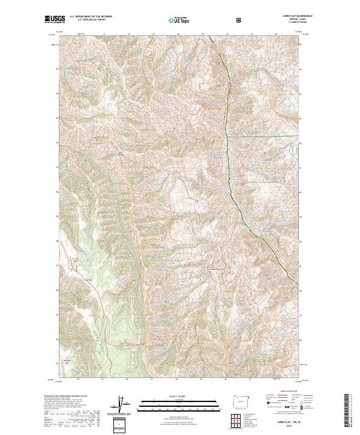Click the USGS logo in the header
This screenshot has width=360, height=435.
(x=54, y=19)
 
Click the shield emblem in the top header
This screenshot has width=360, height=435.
(x=239, y=19)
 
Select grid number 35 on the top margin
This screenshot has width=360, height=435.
(x=202, y=34)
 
